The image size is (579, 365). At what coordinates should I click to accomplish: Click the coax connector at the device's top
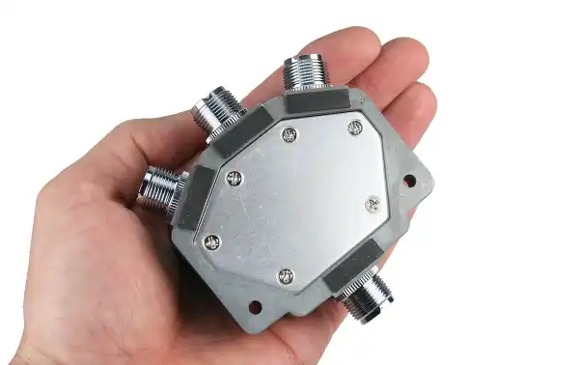[x=306, y=73]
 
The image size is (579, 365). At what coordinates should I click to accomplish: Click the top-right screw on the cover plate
[x=355, y=127]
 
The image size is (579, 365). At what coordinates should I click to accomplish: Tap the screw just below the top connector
[x=289, y=135]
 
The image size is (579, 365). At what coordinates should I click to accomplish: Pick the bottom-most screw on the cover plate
[x=286, y=276]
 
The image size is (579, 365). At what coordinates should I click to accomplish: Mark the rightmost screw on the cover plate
[x=373, y=204]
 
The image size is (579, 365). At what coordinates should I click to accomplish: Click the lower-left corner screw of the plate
[x=212, y=241]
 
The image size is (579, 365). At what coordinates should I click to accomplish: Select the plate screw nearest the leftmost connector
[x=234, y=178]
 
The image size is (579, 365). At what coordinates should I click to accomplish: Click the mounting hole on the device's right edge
[x=409, y=180]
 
